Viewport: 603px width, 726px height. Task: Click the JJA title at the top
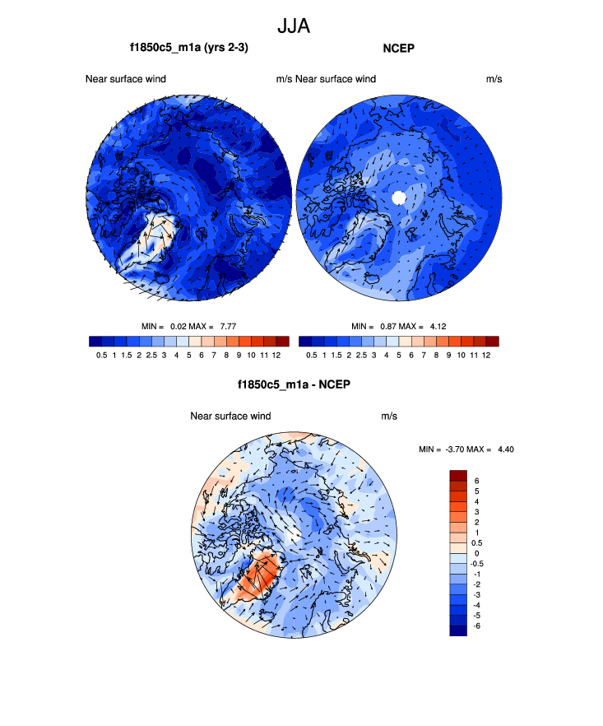294,26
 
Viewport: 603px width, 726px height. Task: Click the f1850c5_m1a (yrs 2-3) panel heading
189,49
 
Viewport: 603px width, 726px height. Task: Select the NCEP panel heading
398,49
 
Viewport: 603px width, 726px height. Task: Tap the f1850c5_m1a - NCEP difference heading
294,384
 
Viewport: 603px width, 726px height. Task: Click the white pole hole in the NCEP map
399,198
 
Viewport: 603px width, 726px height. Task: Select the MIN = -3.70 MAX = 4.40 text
466,449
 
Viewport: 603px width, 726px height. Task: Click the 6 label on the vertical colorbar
476,480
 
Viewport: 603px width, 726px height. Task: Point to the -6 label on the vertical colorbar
478,626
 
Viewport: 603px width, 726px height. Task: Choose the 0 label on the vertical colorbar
476,553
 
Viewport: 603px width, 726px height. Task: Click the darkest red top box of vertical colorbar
458,475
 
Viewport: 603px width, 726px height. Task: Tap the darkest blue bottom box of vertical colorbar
458,631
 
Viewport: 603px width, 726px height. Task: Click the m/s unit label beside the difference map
389,417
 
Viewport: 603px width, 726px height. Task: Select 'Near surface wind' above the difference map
230,417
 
